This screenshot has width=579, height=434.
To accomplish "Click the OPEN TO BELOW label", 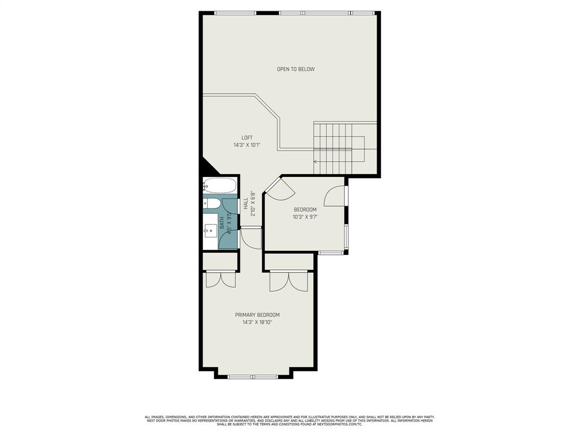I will pos(296,70).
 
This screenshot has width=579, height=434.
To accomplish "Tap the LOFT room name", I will pos(247,138).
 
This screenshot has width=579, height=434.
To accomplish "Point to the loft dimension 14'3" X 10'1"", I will pos(247,145).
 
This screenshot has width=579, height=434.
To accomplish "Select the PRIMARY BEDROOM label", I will pos(257,315).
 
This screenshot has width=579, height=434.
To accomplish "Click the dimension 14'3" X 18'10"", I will pos(257,323).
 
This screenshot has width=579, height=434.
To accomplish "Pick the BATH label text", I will pos(222,224).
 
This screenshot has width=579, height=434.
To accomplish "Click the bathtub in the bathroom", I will pos(220,185).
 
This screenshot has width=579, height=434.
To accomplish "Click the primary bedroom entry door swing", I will pos(250,238).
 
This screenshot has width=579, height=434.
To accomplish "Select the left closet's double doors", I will pos(220,279).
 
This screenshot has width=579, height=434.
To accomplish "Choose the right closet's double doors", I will pos(288,281).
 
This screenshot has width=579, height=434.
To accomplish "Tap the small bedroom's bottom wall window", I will pos(330,253).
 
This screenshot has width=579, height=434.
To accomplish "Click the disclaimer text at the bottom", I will pos(289,420).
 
